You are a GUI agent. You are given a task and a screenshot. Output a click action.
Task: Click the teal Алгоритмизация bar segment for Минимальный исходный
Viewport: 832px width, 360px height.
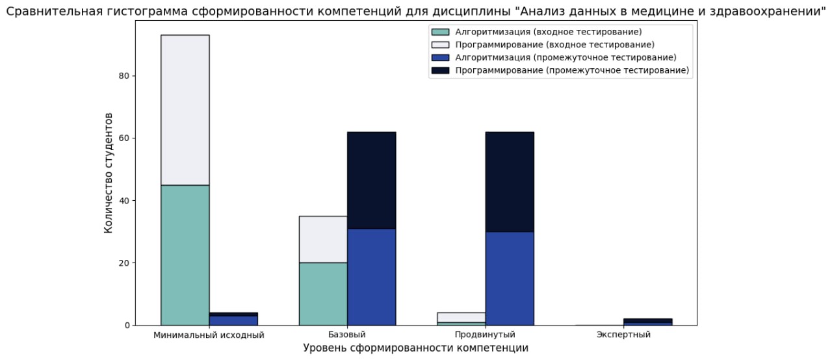pyautogui.click(x=185, y=255)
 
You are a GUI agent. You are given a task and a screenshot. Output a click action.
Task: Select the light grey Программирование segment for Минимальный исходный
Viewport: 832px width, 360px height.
pyautogui.click(x=185, y=110)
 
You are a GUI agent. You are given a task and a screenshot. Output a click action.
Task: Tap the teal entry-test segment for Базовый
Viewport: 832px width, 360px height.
pyautogui.click(x=323, y=294)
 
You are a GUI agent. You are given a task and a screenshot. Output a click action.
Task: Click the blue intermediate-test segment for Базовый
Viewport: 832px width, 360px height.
pyautogui.click(x=371, y=277)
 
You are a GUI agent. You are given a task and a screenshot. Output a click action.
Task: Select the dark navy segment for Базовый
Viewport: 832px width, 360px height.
pyautogui.click(x=371, y=180)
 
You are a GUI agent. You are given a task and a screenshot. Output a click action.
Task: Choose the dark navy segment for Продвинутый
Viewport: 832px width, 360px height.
pyautogui.click(x=510, y=182)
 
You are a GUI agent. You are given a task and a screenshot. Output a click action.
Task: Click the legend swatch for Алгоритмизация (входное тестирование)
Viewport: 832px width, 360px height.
pyautogui.click(x=441, y=32)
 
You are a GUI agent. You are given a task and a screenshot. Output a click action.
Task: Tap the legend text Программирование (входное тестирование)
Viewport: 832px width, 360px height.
pyautogui.click(x=554, y=44)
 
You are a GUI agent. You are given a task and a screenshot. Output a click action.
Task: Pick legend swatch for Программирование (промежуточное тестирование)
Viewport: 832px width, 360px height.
pyautogui.click(x=441, y=70)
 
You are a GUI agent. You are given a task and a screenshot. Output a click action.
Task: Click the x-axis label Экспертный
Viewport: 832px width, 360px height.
pyautogui.click(x=623, y=335)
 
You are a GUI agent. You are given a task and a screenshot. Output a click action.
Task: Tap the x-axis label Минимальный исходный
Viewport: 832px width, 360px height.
pyautogui.click(x=209, y=335)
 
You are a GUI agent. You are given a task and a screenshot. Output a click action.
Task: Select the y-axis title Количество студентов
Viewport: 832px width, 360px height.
pyautogui.click(x=109, y=173)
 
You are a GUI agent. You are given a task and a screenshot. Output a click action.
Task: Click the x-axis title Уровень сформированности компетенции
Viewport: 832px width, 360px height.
pyautogui.click(x=415, y=348)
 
